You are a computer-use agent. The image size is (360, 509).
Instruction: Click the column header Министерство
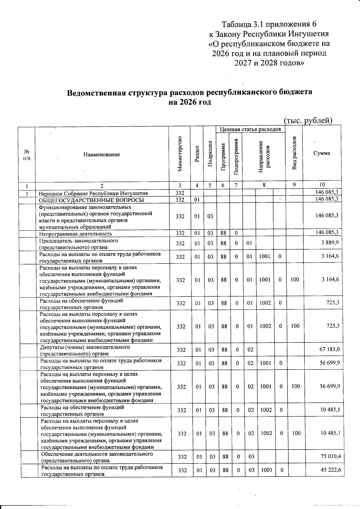tap(180, 154)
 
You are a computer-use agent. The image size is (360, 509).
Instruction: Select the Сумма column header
tap(322, 153)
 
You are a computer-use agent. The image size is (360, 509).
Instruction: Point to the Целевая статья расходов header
tap(250, 129)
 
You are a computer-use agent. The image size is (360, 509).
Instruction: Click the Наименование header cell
tap(102, 154)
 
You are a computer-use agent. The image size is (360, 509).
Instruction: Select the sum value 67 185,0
tap(330, 349)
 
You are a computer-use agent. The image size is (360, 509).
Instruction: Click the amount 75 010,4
tap(331, 456)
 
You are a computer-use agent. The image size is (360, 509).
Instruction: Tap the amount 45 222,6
tap(331, 470)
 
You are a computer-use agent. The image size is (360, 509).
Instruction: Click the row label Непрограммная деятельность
tap(76, 234)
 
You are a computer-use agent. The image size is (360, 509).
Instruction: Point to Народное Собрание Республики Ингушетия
tap(93, 193)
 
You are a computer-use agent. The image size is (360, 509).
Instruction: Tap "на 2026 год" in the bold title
tap(190, 102)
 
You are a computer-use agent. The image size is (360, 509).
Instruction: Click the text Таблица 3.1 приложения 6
tap(269, 24)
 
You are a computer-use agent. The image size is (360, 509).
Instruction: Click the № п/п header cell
tap(26, 155)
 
